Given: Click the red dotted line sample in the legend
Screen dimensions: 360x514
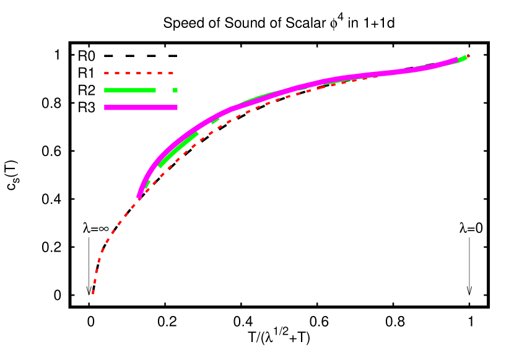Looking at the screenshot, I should click(x=139, y=73).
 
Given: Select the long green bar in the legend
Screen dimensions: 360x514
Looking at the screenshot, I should click(x=130, y=90).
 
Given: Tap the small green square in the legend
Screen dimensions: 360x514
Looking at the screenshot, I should click(x=175, y=90).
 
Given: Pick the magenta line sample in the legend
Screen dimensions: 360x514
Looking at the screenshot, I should click(x=141, y=107).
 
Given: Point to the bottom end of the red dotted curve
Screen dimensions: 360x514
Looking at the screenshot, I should click(x=93, y=292).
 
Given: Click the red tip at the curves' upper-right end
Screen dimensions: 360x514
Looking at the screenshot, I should click(x=468, y=56).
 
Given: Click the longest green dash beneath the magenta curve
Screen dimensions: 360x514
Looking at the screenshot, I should click(x=178, y=149).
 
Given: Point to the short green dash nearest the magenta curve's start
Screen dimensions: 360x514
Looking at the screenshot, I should click(x=147, y=184).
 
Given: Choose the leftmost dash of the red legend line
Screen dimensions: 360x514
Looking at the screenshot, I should click(x=107, y=73).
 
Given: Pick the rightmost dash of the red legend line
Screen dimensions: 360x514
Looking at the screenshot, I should click(x=171, y=73).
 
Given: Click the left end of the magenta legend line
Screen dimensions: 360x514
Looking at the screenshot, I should click(x=106, y=107).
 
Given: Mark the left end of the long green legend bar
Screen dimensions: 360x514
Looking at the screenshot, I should click(x=106, y=90).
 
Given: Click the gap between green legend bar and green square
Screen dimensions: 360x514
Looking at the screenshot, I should click(x=164, y=90).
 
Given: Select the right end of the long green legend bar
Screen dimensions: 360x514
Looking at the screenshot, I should click(x=154, y=90).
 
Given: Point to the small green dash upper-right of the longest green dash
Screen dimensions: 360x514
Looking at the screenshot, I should click(x=215, y=120).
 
